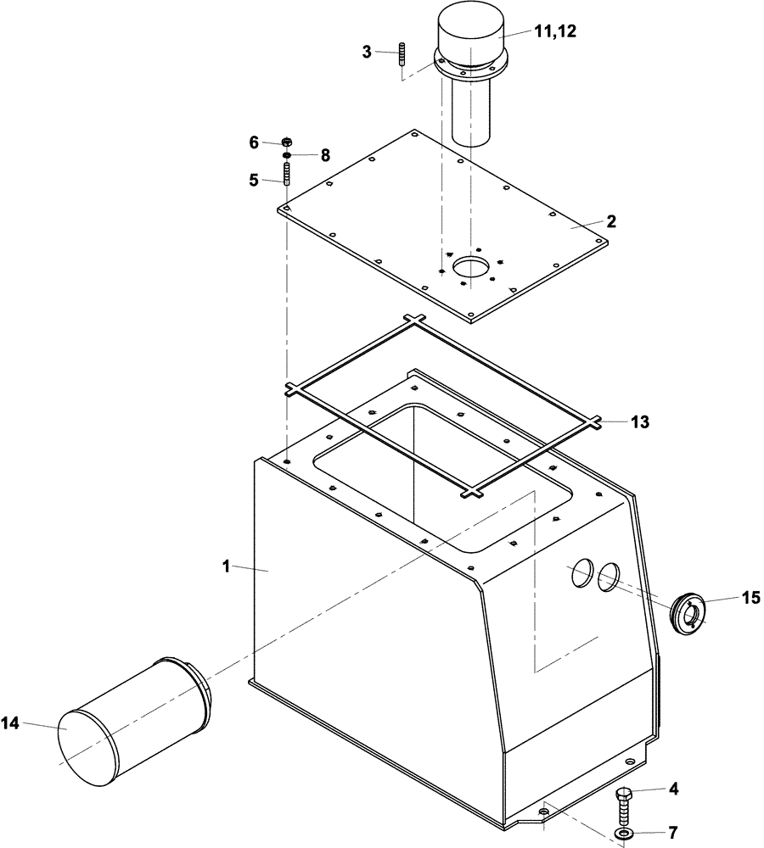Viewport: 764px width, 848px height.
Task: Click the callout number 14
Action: [x=9, y=722]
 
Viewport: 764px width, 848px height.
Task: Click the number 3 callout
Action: [x=367, y=52]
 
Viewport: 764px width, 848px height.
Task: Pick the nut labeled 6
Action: [x=287, y=142]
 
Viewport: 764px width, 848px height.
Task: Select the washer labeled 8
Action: [x=287, y=155]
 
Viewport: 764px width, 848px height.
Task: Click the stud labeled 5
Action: [x=287, y=176]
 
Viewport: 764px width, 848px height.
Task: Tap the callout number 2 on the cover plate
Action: [x=610, y=221]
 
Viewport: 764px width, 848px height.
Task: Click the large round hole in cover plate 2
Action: [x=471, y=268]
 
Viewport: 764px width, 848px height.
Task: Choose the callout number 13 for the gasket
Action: [x=639, y=421]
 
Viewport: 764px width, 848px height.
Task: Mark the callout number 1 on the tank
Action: [x=226, y=567]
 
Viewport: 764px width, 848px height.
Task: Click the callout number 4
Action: [x=674, y=788]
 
